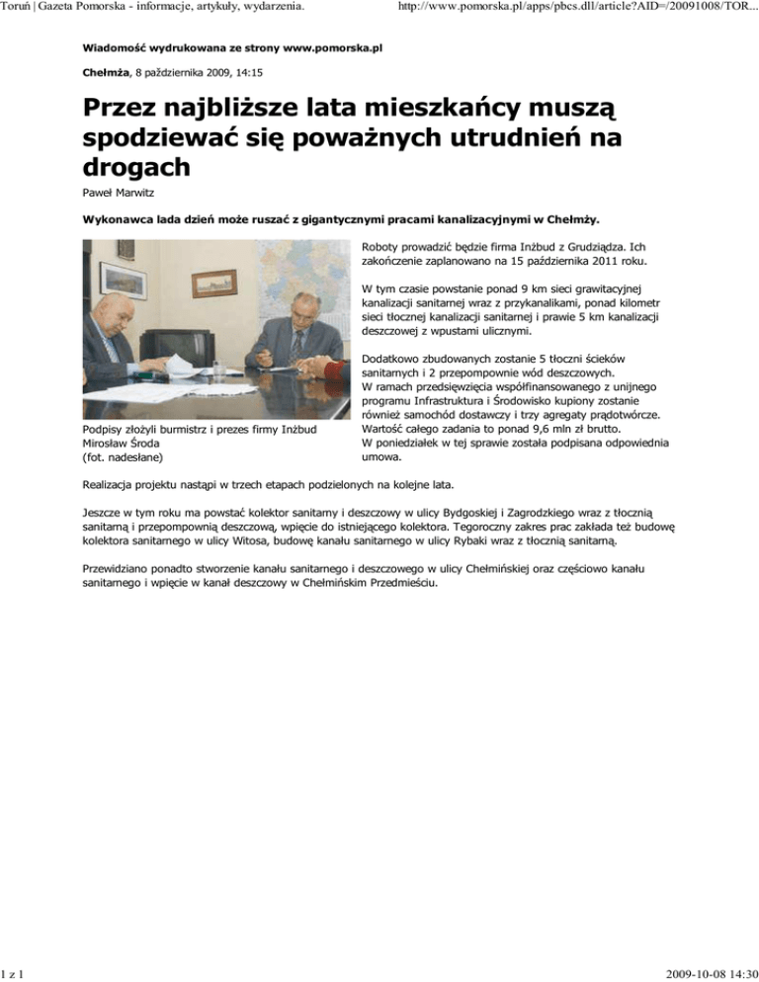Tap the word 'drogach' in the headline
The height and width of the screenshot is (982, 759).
point(136,167)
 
